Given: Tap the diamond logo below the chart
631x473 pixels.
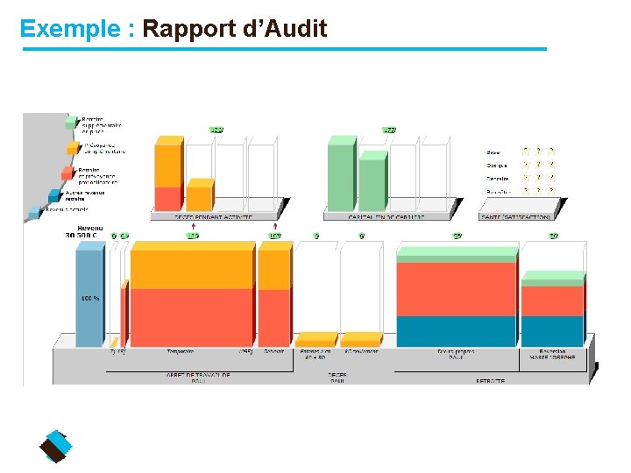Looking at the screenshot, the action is tap(56, 447).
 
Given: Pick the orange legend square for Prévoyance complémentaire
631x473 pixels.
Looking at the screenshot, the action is tap(71, 147).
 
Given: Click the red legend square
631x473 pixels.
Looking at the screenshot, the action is tap(67, 173).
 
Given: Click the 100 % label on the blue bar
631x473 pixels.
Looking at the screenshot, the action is tap(89, 299).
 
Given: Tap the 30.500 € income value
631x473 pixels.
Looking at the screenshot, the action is tap(82, 235).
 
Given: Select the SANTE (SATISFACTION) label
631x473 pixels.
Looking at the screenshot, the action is tap(517, 216).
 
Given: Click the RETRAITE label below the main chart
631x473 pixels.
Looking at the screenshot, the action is tap(490, 381).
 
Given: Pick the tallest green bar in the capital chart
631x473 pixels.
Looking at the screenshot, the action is tap(341, 175).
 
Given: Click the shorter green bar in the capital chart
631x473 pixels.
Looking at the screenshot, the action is tap(372, 183).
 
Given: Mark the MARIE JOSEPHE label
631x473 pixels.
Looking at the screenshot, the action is tap(552, 357).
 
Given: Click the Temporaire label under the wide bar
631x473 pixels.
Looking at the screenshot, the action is tap(181, 351).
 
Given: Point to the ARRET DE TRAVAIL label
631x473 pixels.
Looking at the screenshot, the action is tap(198, 375).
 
